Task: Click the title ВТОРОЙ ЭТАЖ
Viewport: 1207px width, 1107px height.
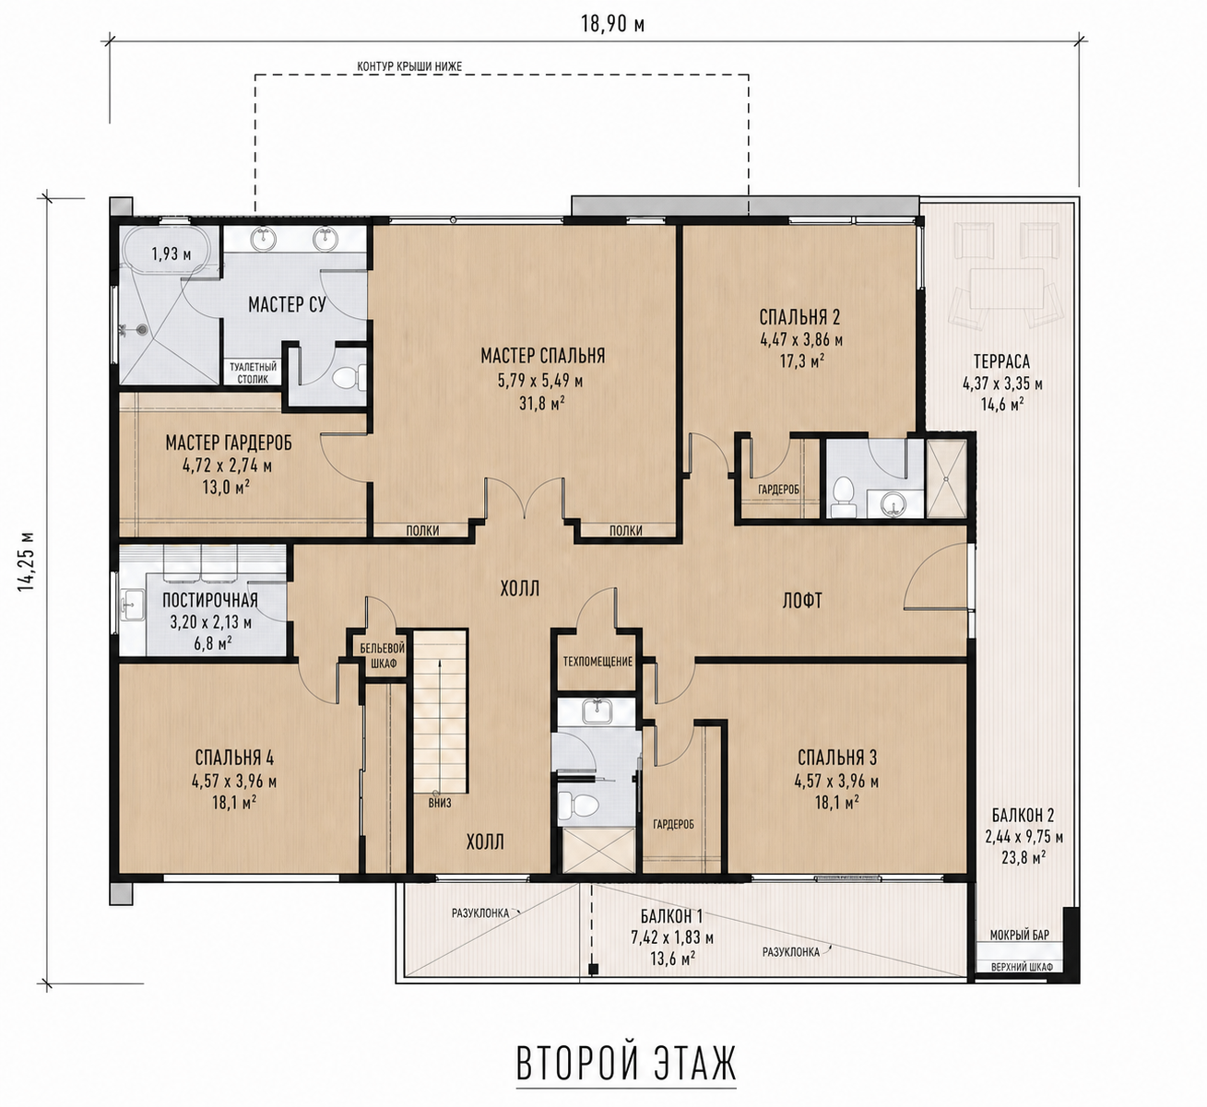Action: click(x=626, y=1065)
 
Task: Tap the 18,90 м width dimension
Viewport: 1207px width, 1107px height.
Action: click(x=612, y=24)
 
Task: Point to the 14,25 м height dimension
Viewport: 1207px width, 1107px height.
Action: click(x=26, y=562)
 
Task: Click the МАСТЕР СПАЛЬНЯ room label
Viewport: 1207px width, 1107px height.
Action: click(x=543, y=356)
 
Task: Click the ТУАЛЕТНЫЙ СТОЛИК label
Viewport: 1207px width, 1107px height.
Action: click(x=253, y=372)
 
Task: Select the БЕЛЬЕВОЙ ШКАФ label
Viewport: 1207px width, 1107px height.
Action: click(x=383, y=655)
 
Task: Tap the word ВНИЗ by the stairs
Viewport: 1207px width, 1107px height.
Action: click(x=440, y=803)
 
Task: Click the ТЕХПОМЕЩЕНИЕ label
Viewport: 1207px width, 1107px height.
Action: click(x=598, y=662)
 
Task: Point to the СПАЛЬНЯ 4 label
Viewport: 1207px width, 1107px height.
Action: click(x=234, y=758)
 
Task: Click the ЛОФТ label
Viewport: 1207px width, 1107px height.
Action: click(x=802, y=600)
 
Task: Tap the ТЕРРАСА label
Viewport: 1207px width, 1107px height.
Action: click(x=1001, y=361)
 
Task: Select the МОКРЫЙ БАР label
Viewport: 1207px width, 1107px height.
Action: click(x=1020, y=935)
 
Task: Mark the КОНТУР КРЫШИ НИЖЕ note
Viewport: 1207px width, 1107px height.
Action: click(x=409, y=66)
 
